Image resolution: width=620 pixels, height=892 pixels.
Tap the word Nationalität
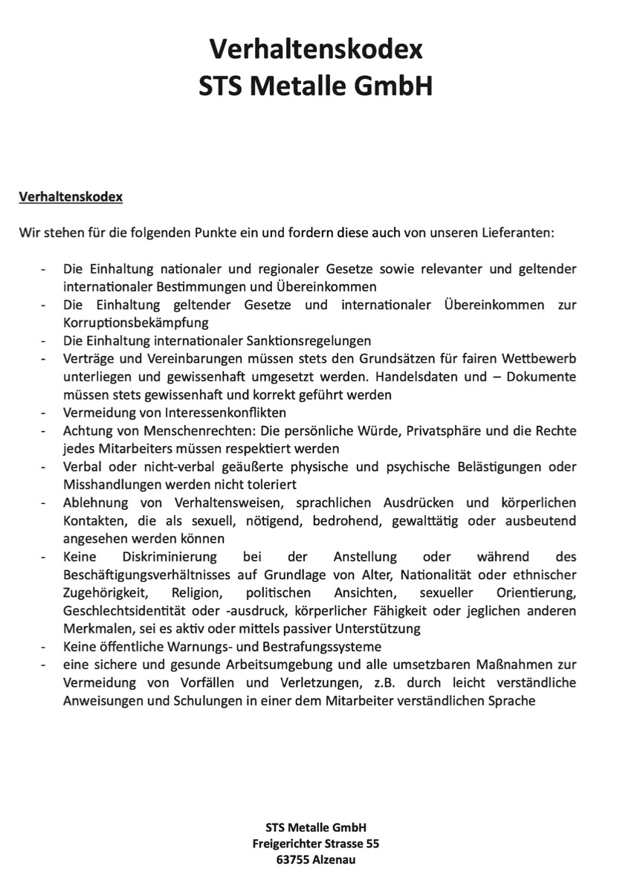(x=427, y=575)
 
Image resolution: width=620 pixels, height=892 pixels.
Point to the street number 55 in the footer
(x=371, y=844)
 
